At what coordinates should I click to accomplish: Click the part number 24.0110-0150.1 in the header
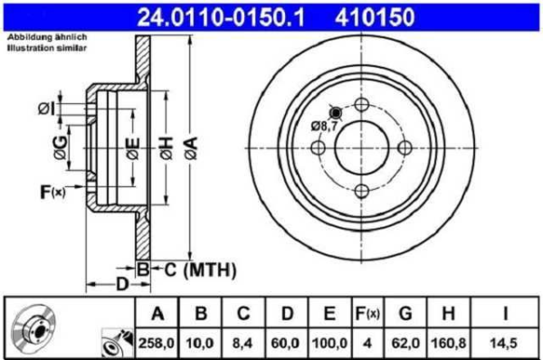click(x=221, y=18)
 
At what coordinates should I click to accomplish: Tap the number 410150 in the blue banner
click(x=375, y=18)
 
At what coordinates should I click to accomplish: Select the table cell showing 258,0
click(x=157, y=343)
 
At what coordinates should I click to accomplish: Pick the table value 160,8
click(x=449, y=343)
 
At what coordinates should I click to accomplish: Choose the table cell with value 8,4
click(x=243, y=343)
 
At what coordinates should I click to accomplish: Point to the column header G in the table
click(x=405, y=313)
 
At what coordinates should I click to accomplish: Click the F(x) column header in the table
click(x=367, y=314)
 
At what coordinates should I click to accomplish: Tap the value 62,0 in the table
click(x=405, y=343)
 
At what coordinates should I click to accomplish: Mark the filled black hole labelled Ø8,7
click(x=336, y=113)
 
